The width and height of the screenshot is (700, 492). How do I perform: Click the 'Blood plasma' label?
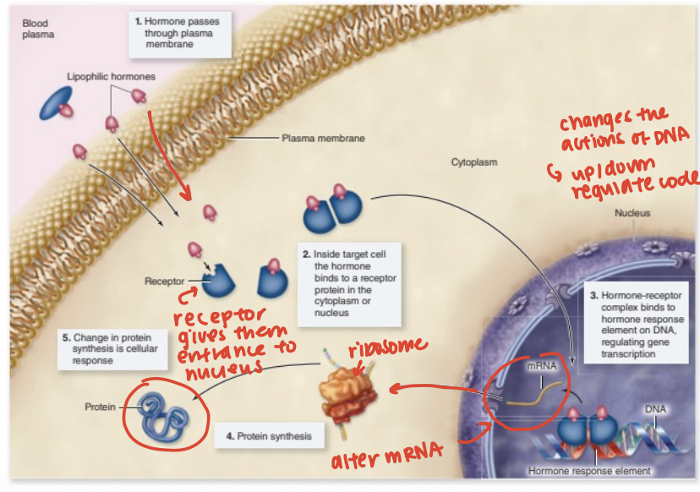36,30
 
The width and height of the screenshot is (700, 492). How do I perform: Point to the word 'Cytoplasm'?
474,161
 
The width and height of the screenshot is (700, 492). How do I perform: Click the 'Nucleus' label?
632,213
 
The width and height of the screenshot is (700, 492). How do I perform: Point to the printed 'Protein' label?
101,407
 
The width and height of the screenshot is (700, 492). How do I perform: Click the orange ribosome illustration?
346,395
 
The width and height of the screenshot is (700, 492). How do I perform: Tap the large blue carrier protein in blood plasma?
54,102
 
